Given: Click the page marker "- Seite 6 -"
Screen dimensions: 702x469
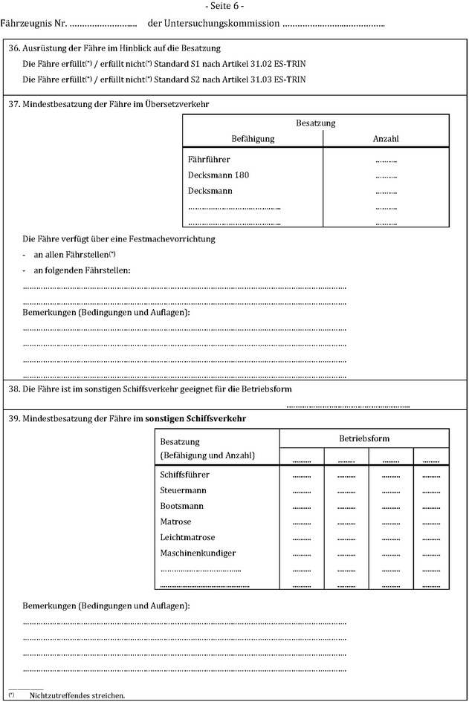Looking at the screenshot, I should point(234,7).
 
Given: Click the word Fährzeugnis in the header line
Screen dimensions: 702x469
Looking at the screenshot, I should point(22,24).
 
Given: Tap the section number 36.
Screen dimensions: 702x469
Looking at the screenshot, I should point(13,48).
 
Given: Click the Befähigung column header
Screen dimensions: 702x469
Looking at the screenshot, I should point(253,139).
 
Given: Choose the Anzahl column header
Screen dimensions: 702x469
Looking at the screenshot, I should point(386,139).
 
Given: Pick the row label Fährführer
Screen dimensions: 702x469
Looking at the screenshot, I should point(209,160).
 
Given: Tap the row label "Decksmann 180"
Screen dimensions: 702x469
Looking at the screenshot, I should point(219,175).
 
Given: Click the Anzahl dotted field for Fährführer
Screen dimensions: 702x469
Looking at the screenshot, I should point(386,160).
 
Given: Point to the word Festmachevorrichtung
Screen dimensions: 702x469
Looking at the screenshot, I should point(167,239).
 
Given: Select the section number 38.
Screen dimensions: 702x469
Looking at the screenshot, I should point(13,389).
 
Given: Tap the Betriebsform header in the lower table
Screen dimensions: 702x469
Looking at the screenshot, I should point(364,438).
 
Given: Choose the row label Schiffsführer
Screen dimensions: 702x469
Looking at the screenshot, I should point(184,475).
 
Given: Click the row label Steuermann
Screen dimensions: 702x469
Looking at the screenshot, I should point(183,490).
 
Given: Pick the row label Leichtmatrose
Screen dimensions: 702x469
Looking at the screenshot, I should point(187,537).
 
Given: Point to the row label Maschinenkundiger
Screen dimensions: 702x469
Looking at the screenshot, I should point(198,553).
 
